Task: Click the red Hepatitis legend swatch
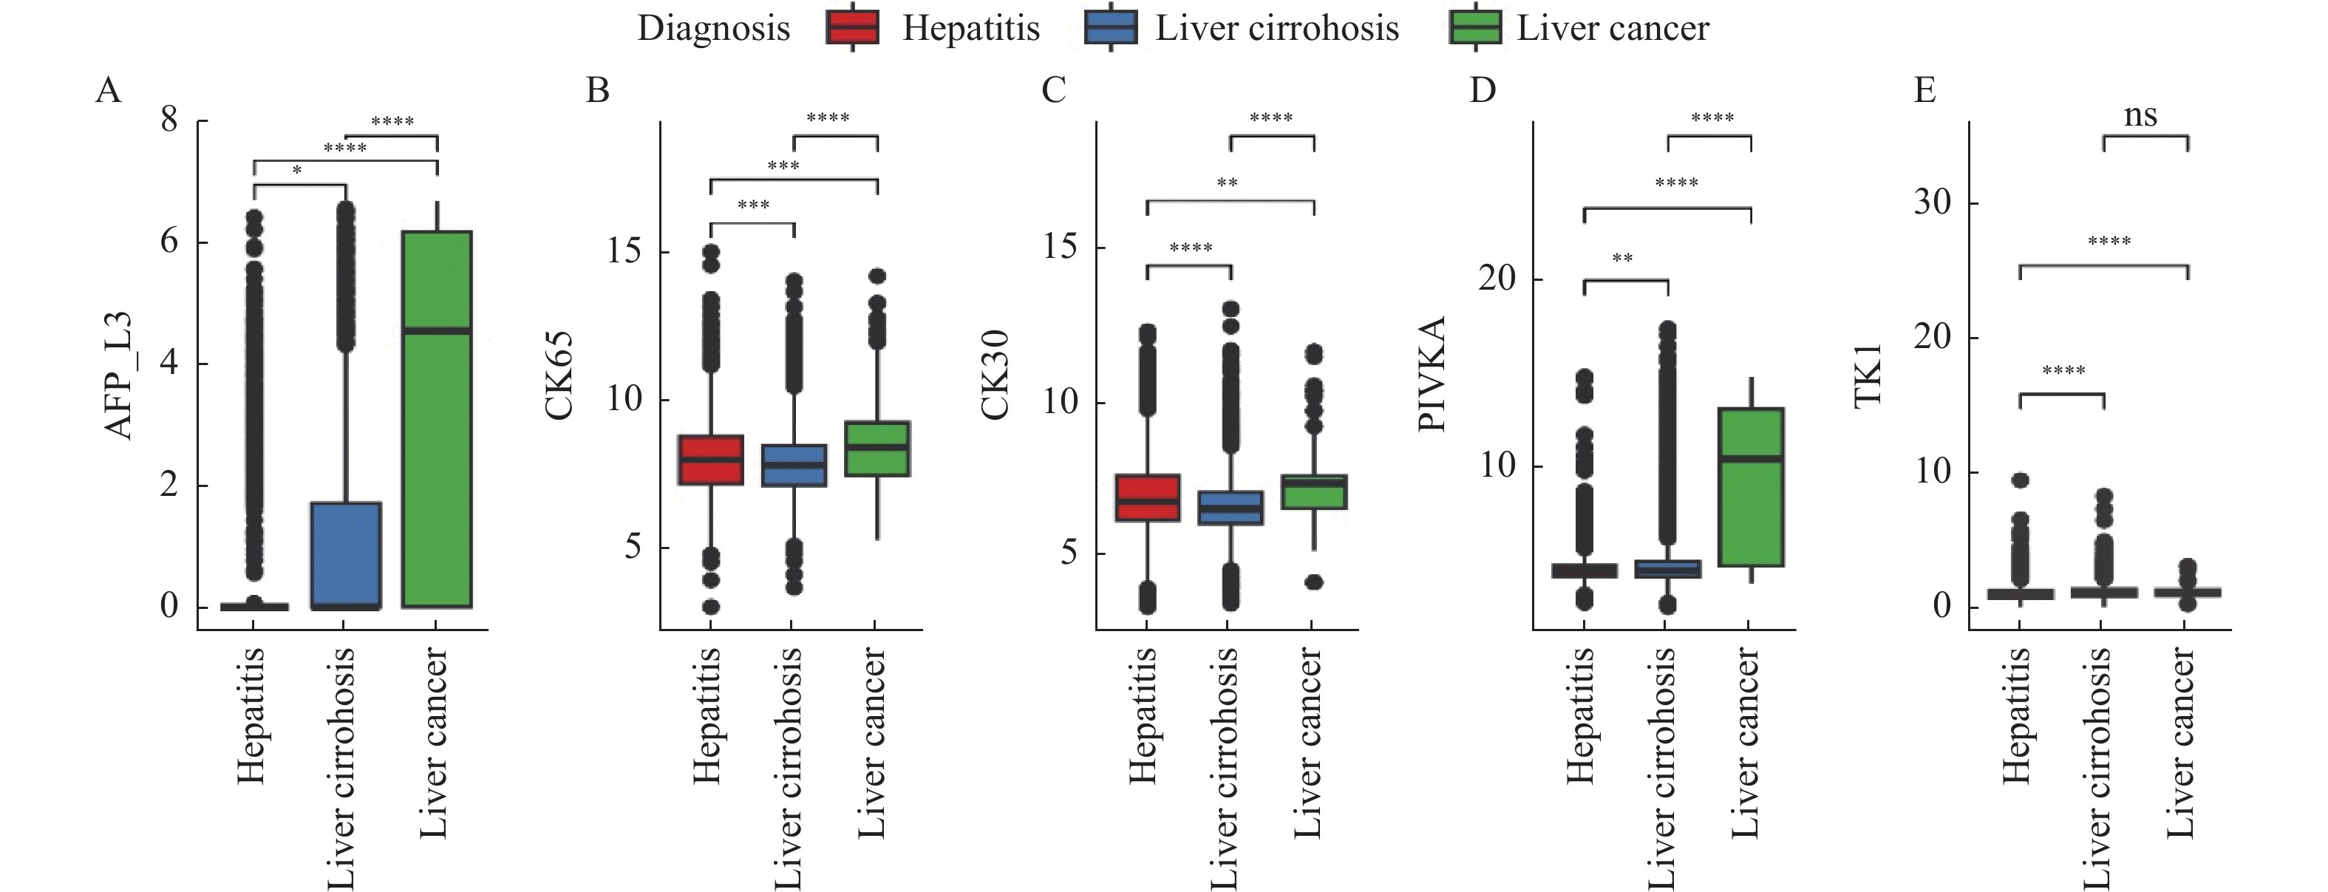(x=852, y=28)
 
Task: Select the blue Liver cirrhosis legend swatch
(x=1110, y=28)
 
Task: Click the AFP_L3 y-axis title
(x=119, y=375)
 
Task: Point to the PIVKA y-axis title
(x=1432, y=373)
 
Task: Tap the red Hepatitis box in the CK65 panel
(x=710, y=460)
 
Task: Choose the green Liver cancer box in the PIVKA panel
(x=1751, y=487)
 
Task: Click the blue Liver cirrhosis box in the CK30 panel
(x=1230, y=508)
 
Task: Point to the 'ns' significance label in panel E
(x=2140, y=116)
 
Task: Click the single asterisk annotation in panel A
(x=296, y=171)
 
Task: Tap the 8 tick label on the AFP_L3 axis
(x=170, y=120)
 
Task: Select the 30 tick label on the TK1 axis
(x=1933, y=202)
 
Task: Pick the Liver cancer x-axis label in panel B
(x=871, y=743)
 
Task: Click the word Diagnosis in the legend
(x=713, y=29)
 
